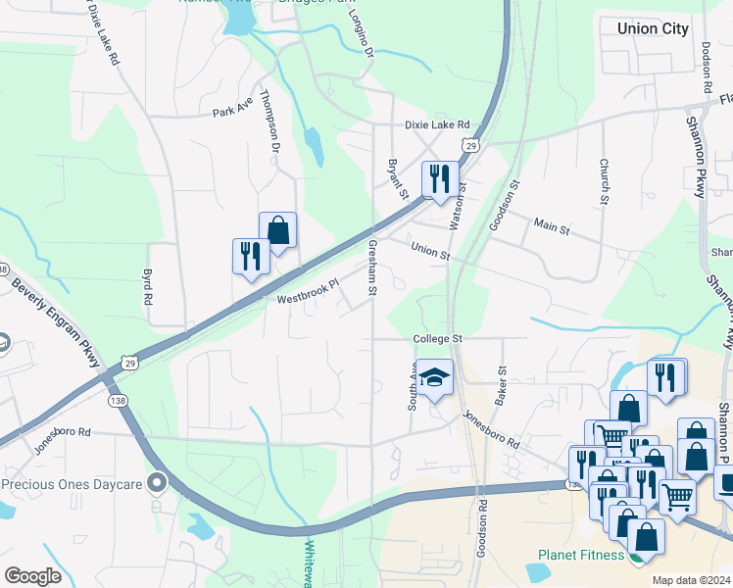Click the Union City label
click(x=653, y=28)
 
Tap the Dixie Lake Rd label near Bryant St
click(x=437, y=125)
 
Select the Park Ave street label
click(x=233, y=111)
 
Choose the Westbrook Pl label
click(x=307, y=292)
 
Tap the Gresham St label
click(x=372, y=268)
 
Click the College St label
click(x=436, y=339)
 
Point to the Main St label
click(x=551, y=227)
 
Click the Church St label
click(x=605, y=180)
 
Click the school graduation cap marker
click(x=434, y=376)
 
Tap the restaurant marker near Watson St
click(x=439, y=178)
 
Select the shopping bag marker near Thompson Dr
click(x=278, y=230)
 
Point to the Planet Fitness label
click(x=581, y=556)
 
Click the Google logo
click(x=32, y=576)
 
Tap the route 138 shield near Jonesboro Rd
click(x=117, y=401)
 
